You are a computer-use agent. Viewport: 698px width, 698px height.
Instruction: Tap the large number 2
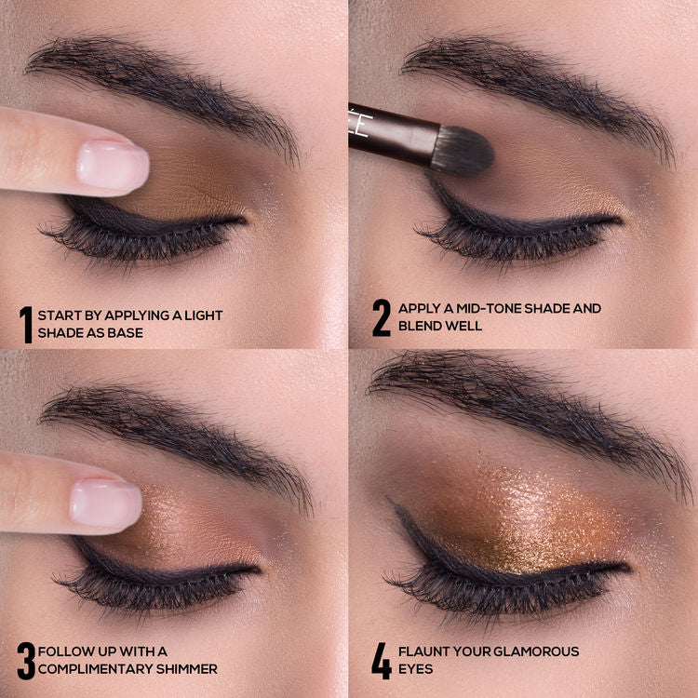click(382, 317)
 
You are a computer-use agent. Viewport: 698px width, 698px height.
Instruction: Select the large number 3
click(26, 660)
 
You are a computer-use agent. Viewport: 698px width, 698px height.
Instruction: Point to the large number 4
click(382, 660)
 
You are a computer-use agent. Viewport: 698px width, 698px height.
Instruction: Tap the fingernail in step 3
click(105, 503)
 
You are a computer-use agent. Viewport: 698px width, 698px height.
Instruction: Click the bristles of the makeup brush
click(463, 148)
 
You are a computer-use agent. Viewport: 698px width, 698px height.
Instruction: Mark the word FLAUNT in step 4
click(424, 651)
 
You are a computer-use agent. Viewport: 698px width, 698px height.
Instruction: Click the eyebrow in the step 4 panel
click(521, 391)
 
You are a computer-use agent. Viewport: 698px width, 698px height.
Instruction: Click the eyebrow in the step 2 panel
click(530, 74)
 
